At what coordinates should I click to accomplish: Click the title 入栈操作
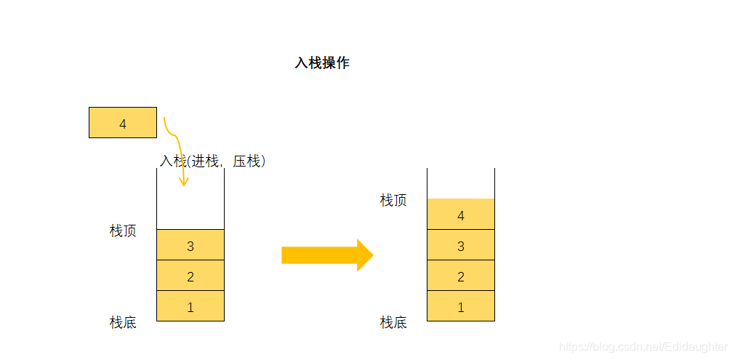coord(321,63)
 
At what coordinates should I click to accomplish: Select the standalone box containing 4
coord(122,123)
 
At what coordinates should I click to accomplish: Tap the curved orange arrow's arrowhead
coord(184,181)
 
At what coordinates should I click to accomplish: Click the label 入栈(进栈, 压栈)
coord(212,161)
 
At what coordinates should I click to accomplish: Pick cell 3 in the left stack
coord(190,245)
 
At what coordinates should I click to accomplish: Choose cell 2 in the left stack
coord(190,276)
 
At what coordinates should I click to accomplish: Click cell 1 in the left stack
coord(190,306)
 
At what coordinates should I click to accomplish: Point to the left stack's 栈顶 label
coord(123,231)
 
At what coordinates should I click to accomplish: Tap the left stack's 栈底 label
coord(123,322)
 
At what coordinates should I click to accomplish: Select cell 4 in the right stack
coord(460,215)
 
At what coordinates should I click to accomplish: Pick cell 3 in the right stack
coord(460,245)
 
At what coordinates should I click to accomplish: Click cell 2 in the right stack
coord(460,276)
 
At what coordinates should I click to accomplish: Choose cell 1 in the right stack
coord(460,306)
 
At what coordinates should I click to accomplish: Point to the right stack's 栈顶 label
coord(393,201)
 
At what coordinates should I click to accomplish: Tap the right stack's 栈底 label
coord(393,322)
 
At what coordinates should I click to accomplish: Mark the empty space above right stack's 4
coord(460,183)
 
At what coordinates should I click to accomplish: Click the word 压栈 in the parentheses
coord(246,161)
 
